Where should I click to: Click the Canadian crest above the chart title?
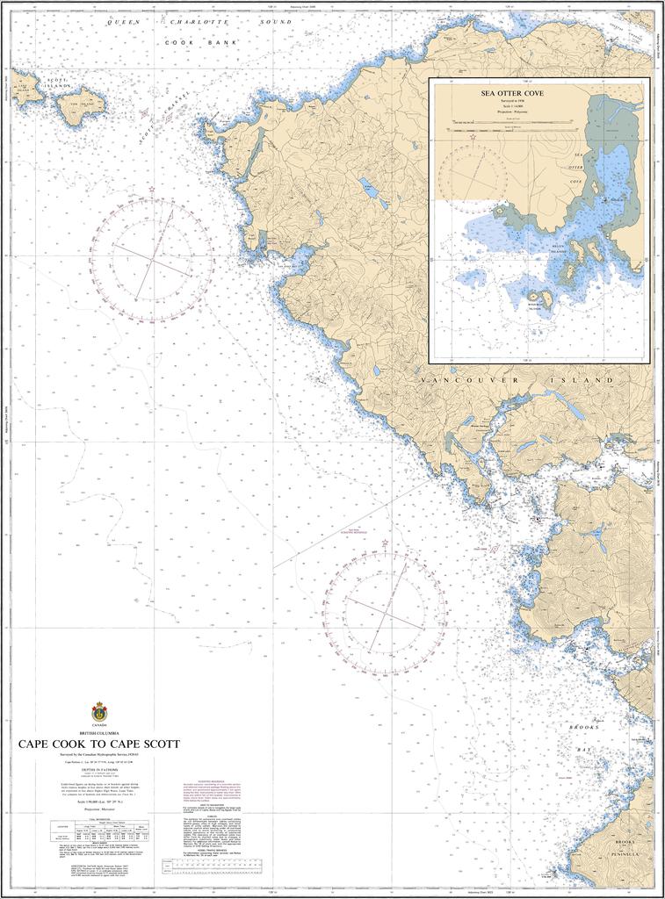point(98,711)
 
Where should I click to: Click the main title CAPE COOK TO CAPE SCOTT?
point(98,744)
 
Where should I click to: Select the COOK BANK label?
point(201,41)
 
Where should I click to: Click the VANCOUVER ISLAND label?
point(516,379)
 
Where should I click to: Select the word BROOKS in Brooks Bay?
point(583,728)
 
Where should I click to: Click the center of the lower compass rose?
point(384,611)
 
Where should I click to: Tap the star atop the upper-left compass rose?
point(152,189)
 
